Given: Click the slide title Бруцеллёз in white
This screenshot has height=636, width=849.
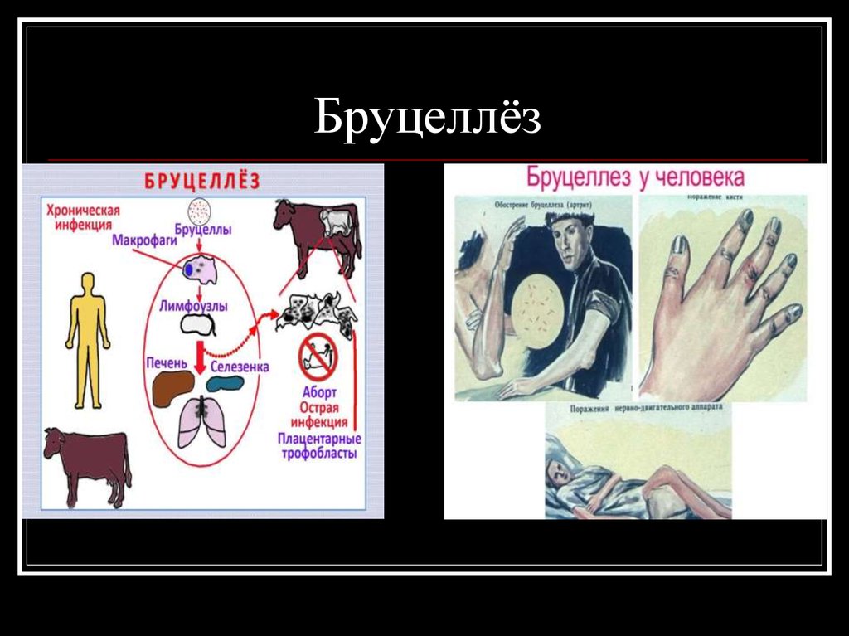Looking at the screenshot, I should tap(428, 118).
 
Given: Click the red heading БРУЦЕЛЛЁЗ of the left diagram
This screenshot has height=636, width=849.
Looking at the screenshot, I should tap(202, 181).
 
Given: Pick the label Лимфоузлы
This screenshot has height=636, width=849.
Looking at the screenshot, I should tap(193, 306).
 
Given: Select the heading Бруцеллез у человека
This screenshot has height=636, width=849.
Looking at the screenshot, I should tap(634, 178).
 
